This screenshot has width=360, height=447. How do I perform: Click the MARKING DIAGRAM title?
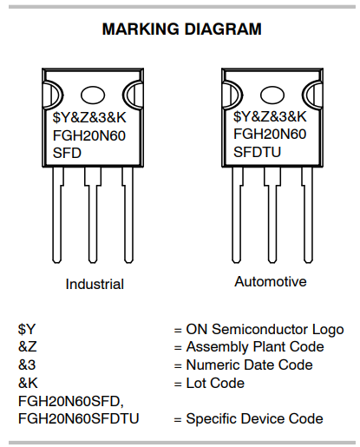(182, 30)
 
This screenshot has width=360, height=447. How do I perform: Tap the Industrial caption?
(95, 284)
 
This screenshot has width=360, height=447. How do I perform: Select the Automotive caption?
(271, 281)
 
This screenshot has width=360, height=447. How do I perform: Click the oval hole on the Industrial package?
(93, 95)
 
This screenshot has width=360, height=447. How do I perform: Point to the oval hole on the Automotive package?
(272, 95)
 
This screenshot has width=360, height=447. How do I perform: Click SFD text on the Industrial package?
(67, 153)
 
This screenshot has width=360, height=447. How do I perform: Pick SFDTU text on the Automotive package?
(257, 152)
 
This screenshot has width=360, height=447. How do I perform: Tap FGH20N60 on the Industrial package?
(89, 135)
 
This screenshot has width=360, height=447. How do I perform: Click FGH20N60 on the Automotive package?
(270, 134)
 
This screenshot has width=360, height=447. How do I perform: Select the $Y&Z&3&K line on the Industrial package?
(89, 117)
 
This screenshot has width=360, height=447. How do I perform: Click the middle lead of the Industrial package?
(93, 215)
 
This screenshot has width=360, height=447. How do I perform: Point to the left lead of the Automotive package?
(237, 215)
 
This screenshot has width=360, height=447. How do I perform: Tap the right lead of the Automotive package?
(308, 215)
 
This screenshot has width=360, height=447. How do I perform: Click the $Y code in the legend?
(27, 329)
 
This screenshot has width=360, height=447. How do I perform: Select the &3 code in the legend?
(27, 365)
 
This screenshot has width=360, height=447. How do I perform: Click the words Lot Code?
(215, 383)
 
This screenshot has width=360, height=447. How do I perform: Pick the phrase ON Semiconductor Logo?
(265, 330)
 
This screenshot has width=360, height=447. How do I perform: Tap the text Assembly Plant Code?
(255, 347)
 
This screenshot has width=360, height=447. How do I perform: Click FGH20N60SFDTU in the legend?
(78, 418)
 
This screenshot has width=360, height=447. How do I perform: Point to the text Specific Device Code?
(255, 419)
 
